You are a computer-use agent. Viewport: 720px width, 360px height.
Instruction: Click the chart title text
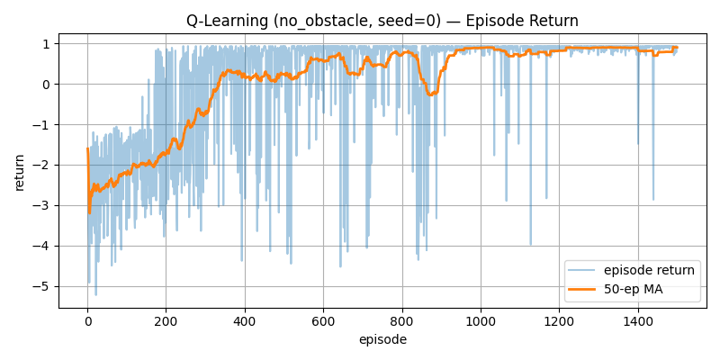click(x=382, y=21)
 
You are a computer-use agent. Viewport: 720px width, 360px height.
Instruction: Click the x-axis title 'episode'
click(x=382, y=339)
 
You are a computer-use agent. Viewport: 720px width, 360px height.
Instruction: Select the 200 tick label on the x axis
click(x=166, y=320)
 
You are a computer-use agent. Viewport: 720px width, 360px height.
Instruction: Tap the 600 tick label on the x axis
click(x=323, y=320)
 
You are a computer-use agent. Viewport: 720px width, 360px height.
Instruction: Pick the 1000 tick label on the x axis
click(x=481, y=320)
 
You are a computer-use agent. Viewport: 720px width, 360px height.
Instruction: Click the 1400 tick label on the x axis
click(x=638, y=320)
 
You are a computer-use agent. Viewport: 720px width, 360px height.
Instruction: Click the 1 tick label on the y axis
click(x=49, y=43)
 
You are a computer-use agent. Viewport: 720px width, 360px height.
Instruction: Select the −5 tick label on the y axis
click(x=46, y=286)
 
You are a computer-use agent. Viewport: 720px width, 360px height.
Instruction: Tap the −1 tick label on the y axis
click(x=46, y=124)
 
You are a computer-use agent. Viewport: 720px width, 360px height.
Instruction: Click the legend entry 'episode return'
click(x=649, y=270)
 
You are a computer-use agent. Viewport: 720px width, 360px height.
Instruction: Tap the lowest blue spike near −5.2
click(x=95, y=295)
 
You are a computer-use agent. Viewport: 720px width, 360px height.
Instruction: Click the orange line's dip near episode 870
click(x=430, y=94)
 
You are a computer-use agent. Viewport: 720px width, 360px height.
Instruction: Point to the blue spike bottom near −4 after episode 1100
click(x=530, y=245)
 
